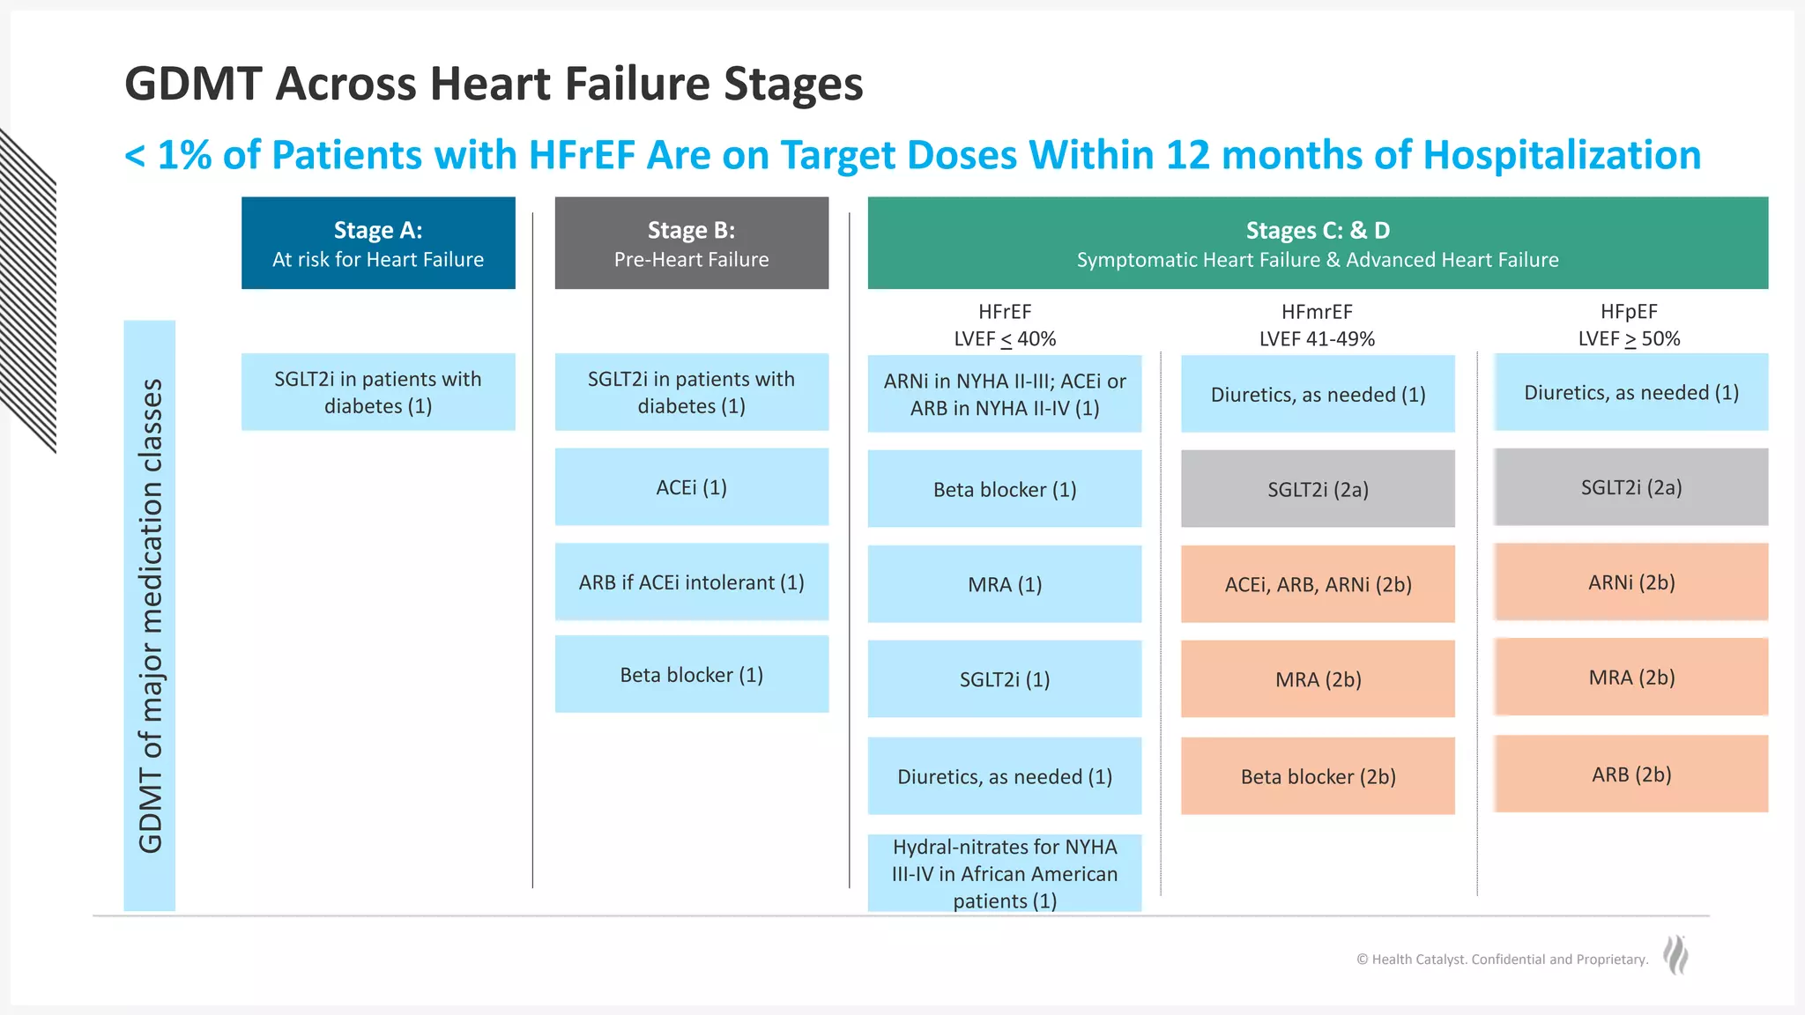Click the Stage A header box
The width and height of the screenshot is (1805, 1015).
[x=378, y=243]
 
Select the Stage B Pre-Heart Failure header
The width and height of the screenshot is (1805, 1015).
[x=691, y=243]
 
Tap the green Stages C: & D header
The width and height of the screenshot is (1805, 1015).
[x=1317, y=243]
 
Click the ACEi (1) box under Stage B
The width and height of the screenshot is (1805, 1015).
[x=691, y=487]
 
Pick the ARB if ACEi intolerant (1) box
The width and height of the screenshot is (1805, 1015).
[x=691, y=582]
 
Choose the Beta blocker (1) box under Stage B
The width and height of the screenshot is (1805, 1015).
[x=691, y=675]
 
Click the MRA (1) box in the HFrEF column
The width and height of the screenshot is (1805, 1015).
[x=1004, y=584]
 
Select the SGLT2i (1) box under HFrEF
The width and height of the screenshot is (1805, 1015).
[x=1004, y=679]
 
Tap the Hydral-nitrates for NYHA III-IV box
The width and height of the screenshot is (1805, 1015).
[x=1004, y=873]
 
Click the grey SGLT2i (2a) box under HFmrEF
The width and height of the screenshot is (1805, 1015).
[x=1317, y=489]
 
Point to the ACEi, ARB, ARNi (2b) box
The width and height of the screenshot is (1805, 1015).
[x=1317, y=584]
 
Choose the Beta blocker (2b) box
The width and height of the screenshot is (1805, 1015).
[x=1317, y=776]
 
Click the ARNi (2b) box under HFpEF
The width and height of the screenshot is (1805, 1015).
[x=1630, y=582]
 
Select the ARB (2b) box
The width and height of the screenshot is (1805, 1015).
[x=1630, y=774]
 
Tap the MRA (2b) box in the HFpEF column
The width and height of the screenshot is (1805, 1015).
[x=1630, y=678]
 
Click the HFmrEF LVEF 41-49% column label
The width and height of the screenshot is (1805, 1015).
[x=1317, y=325]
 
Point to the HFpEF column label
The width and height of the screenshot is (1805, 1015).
[x=1629, y=325]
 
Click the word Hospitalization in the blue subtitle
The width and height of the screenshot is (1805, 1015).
[x=1561, y=155]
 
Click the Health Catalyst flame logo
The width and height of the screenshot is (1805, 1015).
[x=1675, y=955]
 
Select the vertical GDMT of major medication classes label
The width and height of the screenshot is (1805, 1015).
[x=150, y=615]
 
